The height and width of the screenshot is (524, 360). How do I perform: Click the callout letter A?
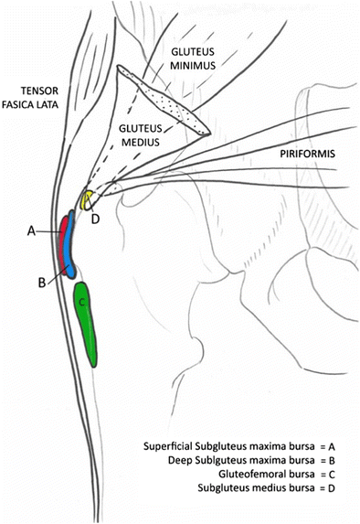[x=31, y=233]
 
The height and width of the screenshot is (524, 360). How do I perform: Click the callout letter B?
[x=41, y=283]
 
